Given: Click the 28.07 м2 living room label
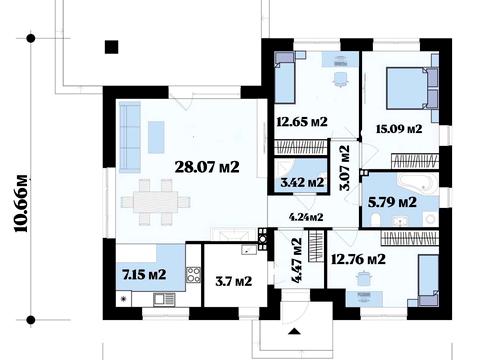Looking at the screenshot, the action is pyautogui.click(x=207, y=167).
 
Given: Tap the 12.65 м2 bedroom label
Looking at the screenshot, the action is pyautogui.click(x=302, y=122).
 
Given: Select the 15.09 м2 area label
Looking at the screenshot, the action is pyautogui.click(x=399, y=129).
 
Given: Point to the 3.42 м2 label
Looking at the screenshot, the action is pyautogui.click(x=302, y=182).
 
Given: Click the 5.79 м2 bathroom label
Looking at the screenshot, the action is pyautogui.click(x=392, y=202).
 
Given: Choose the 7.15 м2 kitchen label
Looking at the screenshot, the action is pyautogui.click(x=144, y=275).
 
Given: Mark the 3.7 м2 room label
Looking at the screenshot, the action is pyautogui.click(x=233, y=281).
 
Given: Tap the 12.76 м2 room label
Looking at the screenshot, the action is pyautogui.click(x=358, y=259).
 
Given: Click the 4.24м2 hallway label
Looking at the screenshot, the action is pyautogui.click(x=306, y=217).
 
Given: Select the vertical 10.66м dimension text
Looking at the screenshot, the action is pyautogui.click(x=21, y=204).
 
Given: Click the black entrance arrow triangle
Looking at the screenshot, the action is pyautogui.click(x=295, y=331).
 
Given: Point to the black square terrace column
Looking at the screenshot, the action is pyautogui.click(x=112, y=47).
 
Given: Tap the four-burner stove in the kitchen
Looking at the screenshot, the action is pyautogui.click(x=193, y=275).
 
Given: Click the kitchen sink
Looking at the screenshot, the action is pyautogui.click(x=164, y=299).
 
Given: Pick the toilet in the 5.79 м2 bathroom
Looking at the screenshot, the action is pyautogui.click(x=375, y=220).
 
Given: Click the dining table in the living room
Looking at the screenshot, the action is pyautogui.click(x=155, y=202).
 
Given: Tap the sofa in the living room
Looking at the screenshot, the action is pyautogui.click(x=130, y=137).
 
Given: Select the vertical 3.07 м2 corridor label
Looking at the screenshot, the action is pyautogui.click(x=345, y=168).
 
